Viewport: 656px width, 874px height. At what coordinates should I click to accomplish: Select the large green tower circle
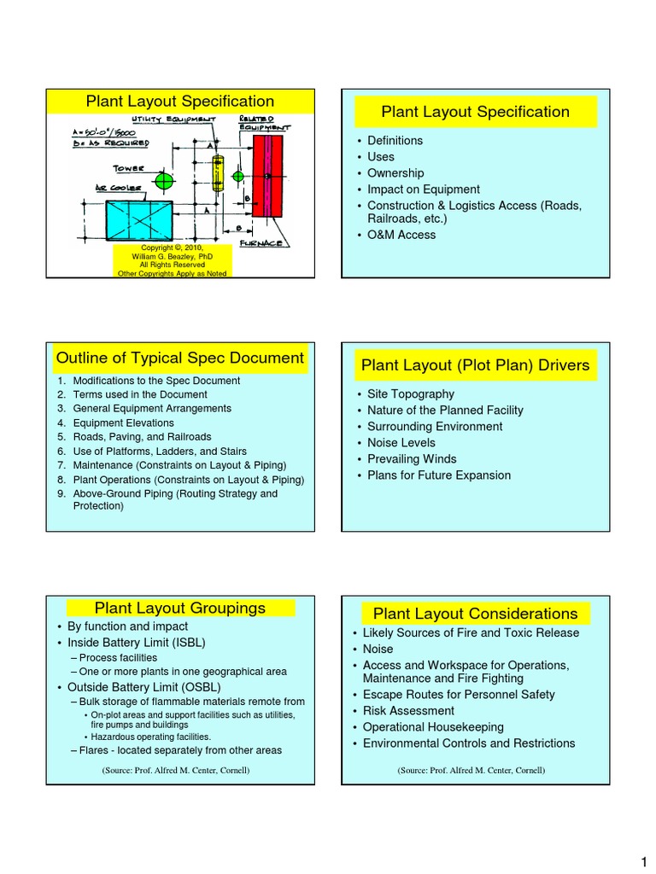[164, 181]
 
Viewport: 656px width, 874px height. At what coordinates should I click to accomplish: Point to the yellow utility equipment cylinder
[218, 175]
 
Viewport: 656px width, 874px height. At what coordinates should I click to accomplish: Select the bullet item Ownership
[395, 173]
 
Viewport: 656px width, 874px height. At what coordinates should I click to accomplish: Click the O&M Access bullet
[401, 235]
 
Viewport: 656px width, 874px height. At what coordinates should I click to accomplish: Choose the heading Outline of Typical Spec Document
[179, 358]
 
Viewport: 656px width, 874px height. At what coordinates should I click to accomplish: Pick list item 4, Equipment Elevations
[123, 422]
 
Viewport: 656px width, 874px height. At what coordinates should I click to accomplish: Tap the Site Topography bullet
[410, 394]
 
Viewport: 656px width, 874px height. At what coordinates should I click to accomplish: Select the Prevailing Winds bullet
[413, 459]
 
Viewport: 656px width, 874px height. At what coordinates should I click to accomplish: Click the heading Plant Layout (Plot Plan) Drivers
[476, 366]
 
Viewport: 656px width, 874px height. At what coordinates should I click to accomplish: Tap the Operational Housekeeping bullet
[436, 727]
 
